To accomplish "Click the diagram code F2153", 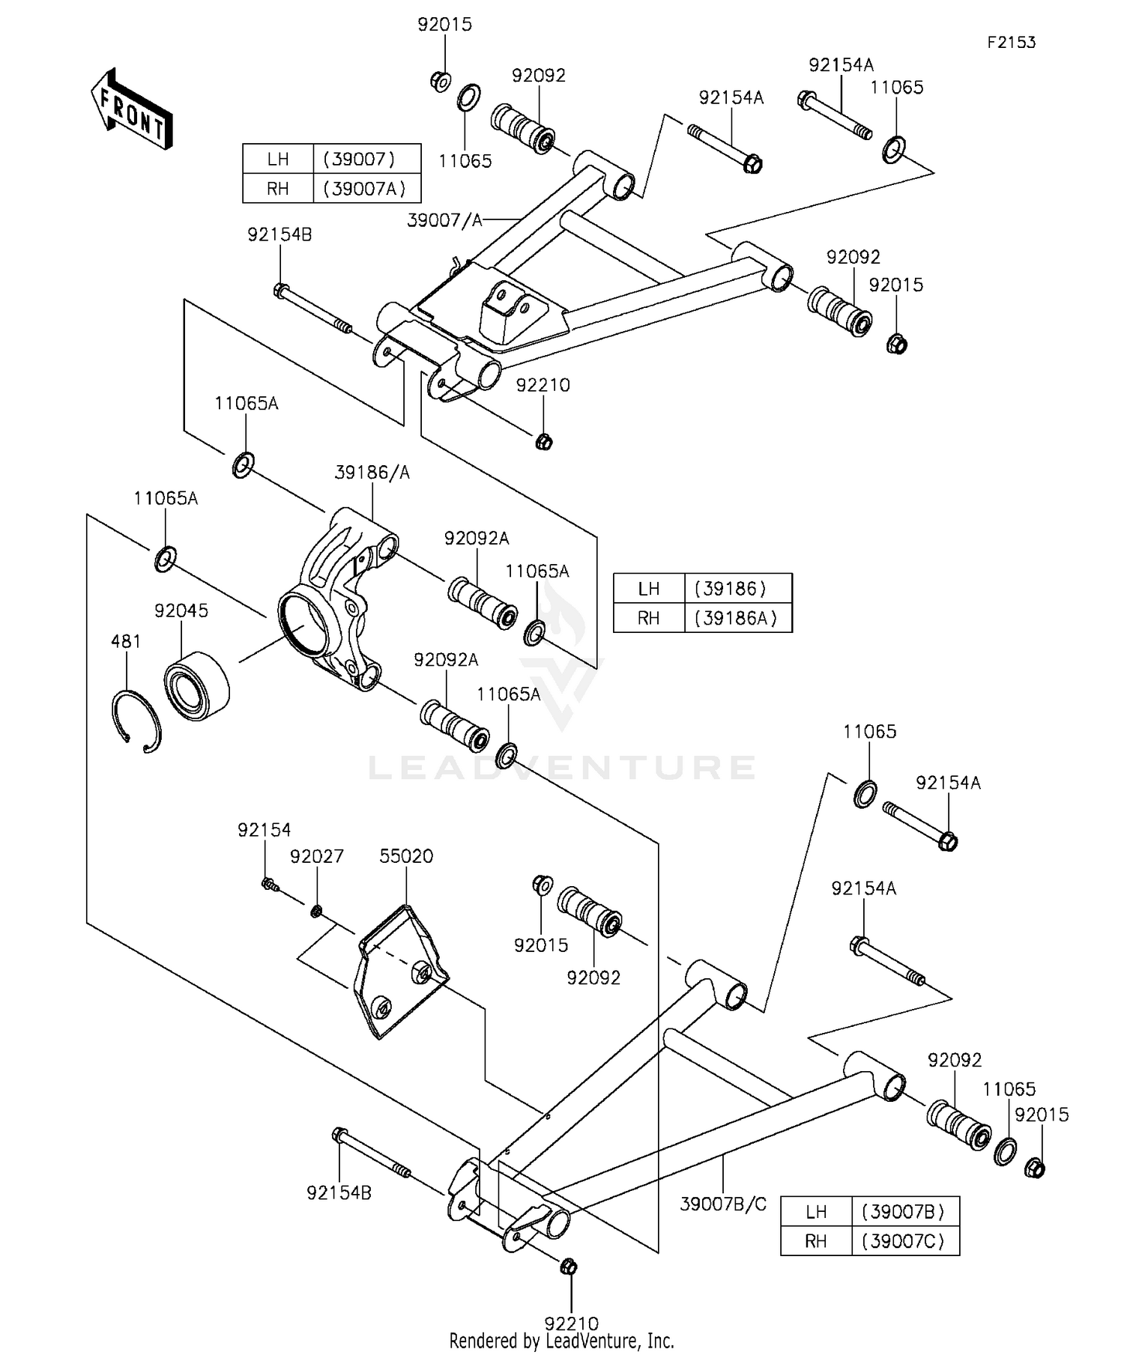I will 1011,43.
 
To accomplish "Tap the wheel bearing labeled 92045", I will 196,687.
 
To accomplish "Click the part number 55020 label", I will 406,855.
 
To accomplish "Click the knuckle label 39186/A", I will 372,473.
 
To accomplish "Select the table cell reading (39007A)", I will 365,188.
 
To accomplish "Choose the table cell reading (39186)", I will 731,589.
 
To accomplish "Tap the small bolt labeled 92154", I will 271,885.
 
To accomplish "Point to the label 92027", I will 317,856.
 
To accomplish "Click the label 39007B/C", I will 723,1204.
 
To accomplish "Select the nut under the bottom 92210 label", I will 569,1267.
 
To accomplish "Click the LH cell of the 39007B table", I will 816,1211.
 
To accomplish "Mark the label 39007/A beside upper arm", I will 444,220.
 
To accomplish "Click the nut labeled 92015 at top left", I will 441,80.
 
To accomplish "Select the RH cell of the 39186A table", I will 649,618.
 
